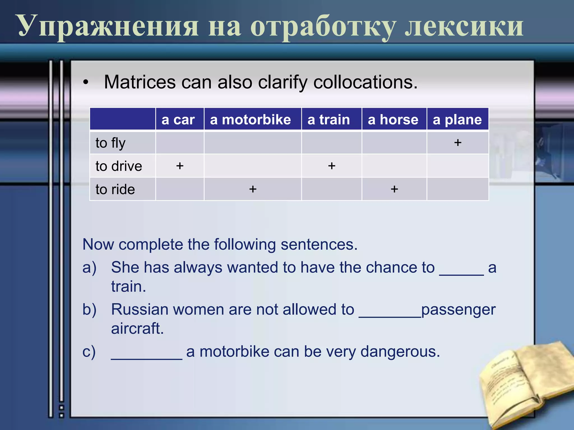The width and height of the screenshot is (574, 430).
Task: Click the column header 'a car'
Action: tap(178, 120)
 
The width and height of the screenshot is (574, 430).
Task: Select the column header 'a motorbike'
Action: tap(250, 120)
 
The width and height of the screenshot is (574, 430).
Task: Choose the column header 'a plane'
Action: tap(457, 120)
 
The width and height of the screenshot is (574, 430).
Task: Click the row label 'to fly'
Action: tap(110, 143)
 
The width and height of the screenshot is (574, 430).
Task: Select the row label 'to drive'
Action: tap(119, 166)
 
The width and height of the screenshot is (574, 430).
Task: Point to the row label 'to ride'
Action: tap(115, 190)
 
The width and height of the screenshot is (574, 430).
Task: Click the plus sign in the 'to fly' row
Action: tap(458, 143)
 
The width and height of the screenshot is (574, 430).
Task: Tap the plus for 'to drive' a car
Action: tap(180, 166)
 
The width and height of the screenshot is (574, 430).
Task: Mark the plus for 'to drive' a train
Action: tap(332, 166)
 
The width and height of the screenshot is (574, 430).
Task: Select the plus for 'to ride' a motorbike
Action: tap(253, 189)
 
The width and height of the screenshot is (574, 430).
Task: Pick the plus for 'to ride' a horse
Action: tap(394, 189)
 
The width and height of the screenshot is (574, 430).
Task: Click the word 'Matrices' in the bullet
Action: tap(140, 82)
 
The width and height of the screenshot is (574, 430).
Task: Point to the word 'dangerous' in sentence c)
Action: tap(400, 352)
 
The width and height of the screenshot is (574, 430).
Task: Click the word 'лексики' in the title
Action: tap(464, 27)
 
